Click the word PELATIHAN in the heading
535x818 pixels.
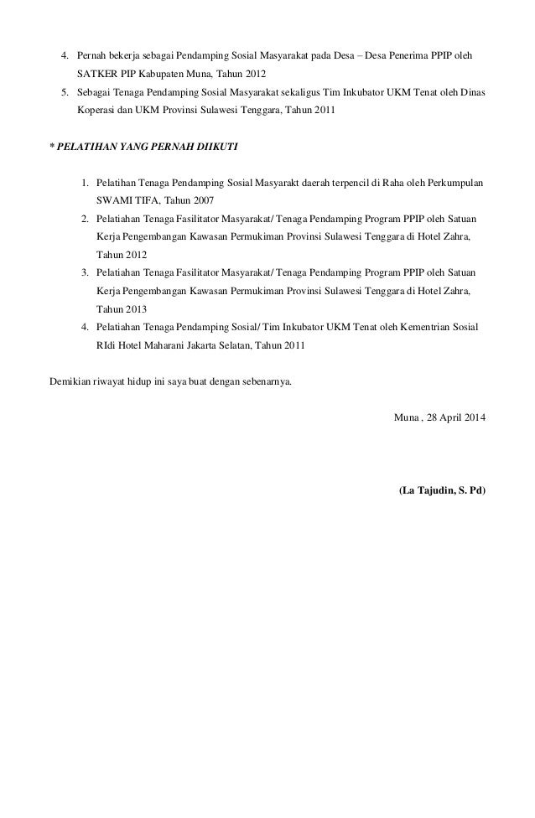(87, 147)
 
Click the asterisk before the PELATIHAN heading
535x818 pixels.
(52, 147)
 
